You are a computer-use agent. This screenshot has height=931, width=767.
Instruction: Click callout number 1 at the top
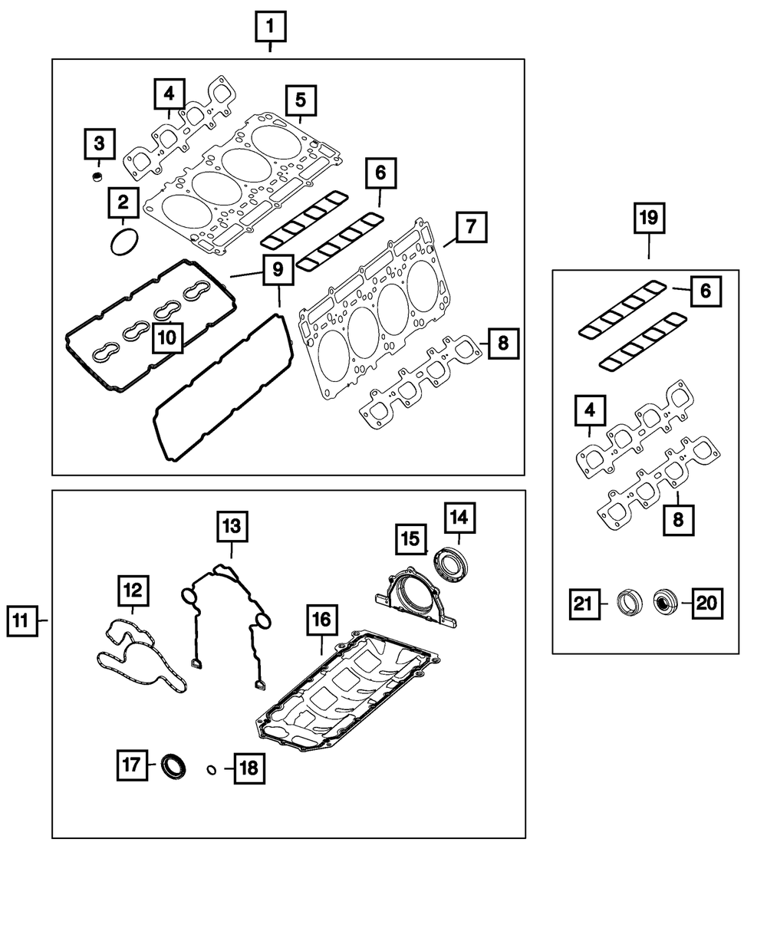pyautogui.click(x=270, y=27)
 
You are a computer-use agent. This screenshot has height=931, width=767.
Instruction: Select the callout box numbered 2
pyautogui.click(x=123, y=202)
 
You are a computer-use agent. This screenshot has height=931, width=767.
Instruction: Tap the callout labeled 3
pyautogui.click(x=100, y=144)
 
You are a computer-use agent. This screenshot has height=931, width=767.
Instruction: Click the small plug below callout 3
pyautogui.click(x=97, y=176)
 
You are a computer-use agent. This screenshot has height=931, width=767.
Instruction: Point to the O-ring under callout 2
pyautogui.click(x=124, y=242)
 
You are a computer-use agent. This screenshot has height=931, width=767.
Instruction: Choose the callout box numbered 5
pyautogui.click(x=301, y=100)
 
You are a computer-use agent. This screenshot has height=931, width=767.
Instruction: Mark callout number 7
pyautogui.click(x=472, y=227)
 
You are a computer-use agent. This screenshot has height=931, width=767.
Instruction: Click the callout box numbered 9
pyautogui.click(x=278, y=269)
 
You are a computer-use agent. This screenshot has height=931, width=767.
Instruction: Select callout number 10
pyautogui.click(x=168, y=338)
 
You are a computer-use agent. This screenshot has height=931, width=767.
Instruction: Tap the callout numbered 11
pyautogui.click(x=21, y=621)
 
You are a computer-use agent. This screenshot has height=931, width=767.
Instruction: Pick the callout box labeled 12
pyautogui.click(x=133, y=591)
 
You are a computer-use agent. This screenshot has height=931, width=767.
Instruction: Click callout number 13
pyautogui.click(x=232, y=527)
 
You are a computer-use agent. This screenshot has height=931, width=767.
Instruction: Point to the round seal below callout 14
pyautogui.click(x=450, y=565)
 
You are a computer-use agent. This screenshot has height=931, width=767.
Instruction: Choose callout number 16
pyautogui.click(x=322, y=620)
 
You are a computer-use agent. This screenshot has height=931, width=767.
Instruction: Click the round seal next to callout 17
pyautogui.click(x=173, y=766)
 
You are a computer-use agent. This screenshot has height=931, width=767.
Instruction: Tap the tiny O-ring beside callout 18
pyautogui.click(x=212, y=770)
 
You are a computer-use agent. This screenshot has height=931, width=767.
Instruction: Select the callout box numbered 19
pyautogui.click(x=650, y=218)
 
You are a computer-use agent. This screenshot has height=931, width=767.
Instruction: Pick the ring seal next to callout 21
pyautogui.click(x=630, y=604)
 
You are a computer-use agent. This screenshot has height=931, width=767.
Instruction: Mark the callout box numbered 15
pyautogui.click(x=411, y=539)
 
